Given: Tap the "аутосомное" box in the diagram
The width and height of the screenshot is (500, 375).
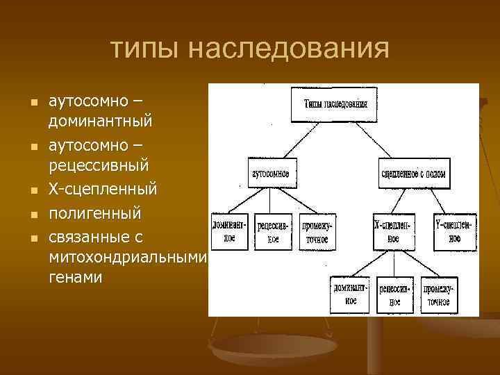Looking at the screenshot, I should click(270, 172).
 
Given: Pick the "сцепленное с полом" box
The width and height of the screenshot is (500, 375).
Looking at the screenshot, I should click(412, 172).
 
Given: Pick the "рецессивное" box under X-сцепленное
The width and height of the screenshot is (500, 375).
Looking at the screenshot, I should click(395, 294).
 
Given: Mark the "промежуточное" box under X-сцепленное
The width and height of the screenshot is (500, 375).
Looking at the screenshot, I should click(438, 294).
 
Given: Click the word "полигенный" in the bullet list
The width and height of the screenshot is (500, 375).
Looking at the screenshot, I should click(94, 212).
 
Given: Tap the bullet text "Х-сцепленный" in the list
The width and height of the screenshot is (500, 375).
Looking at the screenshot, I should click(103, 189).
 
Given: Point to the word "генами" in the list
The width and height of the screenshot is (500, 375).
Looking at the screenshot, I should click(75, 277).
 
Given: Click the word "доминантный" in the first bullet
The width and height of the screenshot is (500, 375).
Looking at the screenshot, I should click(100, 121).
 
